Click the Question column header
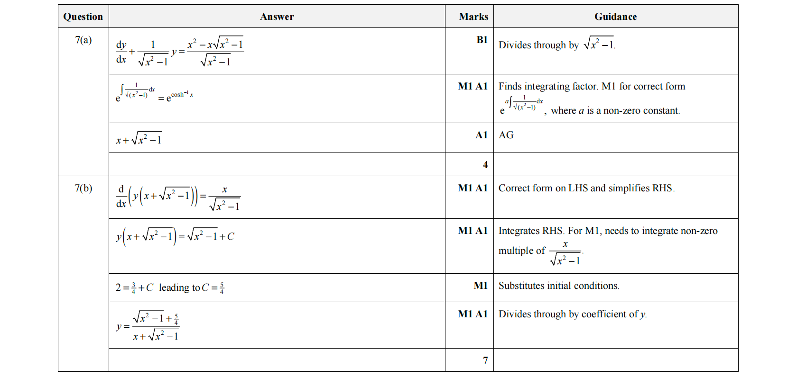(x=83, y=17)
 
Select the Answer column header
(x=277, y=17)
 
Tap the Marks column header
(x=473, y=17)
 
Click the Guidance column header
(x=615, y=17)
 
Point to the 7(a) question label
(x=83, y=40)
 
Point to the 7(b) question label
(x=83, y=188)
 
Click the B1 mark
(x=482, y=40)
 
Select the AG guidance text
(x=506, y=135)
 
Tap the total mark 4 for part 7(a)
(x=485, y=165)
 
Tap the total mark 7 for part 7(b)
(x=485, y=360)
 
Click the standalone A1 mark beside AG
(x=481, y=135)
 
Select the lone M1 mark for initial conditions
(x=480, y=286)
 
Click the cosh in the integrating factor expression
(x=177, y=95)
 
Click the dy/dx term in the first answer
(x=121, y=52)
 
